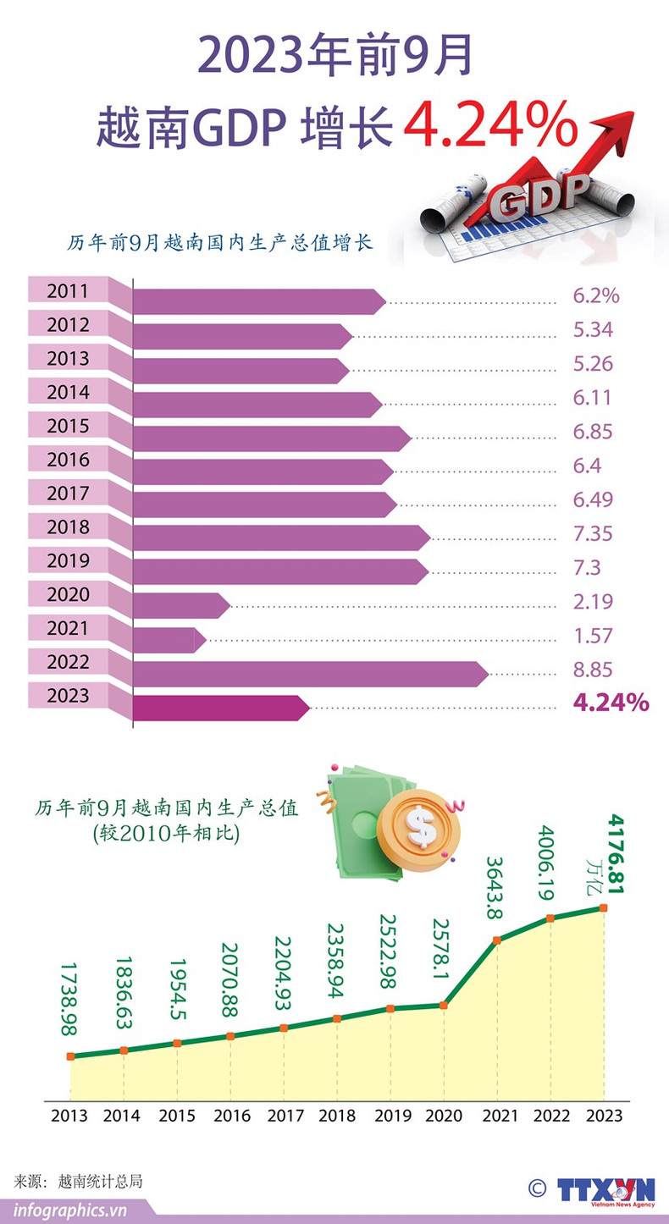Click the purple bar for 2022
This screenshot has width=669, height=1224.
click(309, 674)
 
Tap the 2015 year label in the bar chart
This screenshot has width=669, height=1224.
click(68, 427)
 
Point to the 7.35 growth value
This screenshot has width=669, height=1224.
click(593, 534)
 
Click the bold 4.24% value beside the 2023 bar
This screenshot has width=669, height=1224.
click(611, 702)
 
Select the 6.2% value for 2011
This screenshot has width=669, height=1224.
click(596, 295)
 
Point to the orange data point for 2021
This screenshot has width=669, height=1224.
click(497, 940)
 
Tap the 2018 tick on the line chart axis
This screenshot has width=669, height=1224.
click(337, 1116)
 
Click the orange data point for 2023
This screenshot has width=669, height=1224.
click(604, 907)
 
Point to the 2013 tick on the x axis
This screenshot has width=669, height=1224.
click(69, 1116)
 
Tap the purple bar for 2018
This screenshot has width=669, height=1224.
click(279, 538)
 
